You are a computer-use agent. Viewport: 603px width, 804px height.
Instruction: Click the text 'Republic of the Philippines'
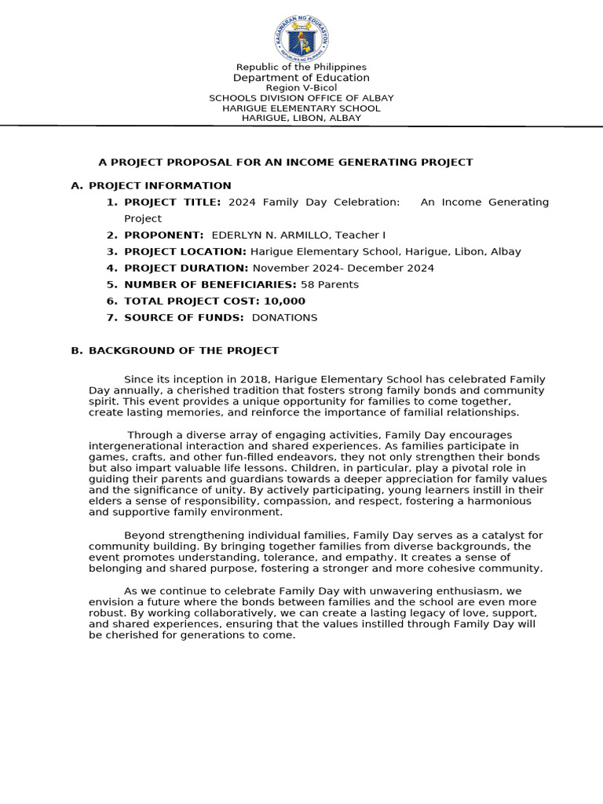(301, 68)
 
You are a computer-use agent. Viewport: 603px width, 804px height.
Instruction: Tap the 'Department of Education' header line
(301, 78)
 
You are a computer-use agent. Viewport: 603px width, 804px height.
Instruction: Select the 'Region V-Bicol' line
(301, 88)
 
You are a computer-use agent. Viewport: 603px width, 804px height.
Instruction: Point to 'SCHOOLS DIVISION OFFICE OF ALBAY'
(301, 98)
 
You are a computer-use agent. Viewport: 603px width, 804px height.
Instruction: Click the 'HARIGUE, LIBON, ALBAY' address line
(301, 118)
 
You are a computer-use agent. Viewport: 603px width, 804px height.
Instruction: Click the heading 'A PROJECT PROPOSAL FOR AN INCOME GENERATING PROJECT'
(285, 163)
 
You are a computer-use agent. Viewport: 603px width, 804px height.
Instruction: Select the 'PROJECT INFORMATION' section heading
(160, 186)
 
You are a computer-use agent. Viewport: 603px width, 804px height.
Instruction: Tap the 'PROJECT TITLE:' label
(174, 203)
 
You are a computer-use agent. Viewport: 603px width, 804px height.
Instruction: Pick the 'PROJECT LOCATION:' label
(185, 252)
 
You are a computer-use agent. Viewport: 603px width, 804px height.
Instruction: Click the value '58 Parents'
(329, 285)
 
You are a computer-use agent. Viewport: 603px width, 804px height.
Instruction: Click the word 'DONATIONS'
(284, 318)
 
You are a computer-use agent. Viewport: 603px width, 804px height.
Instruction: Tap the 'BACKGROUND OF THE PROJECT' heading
(184, 351)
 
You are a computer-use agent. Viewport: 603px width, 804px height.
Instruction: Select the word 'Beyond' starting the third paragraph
(144, 535)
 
